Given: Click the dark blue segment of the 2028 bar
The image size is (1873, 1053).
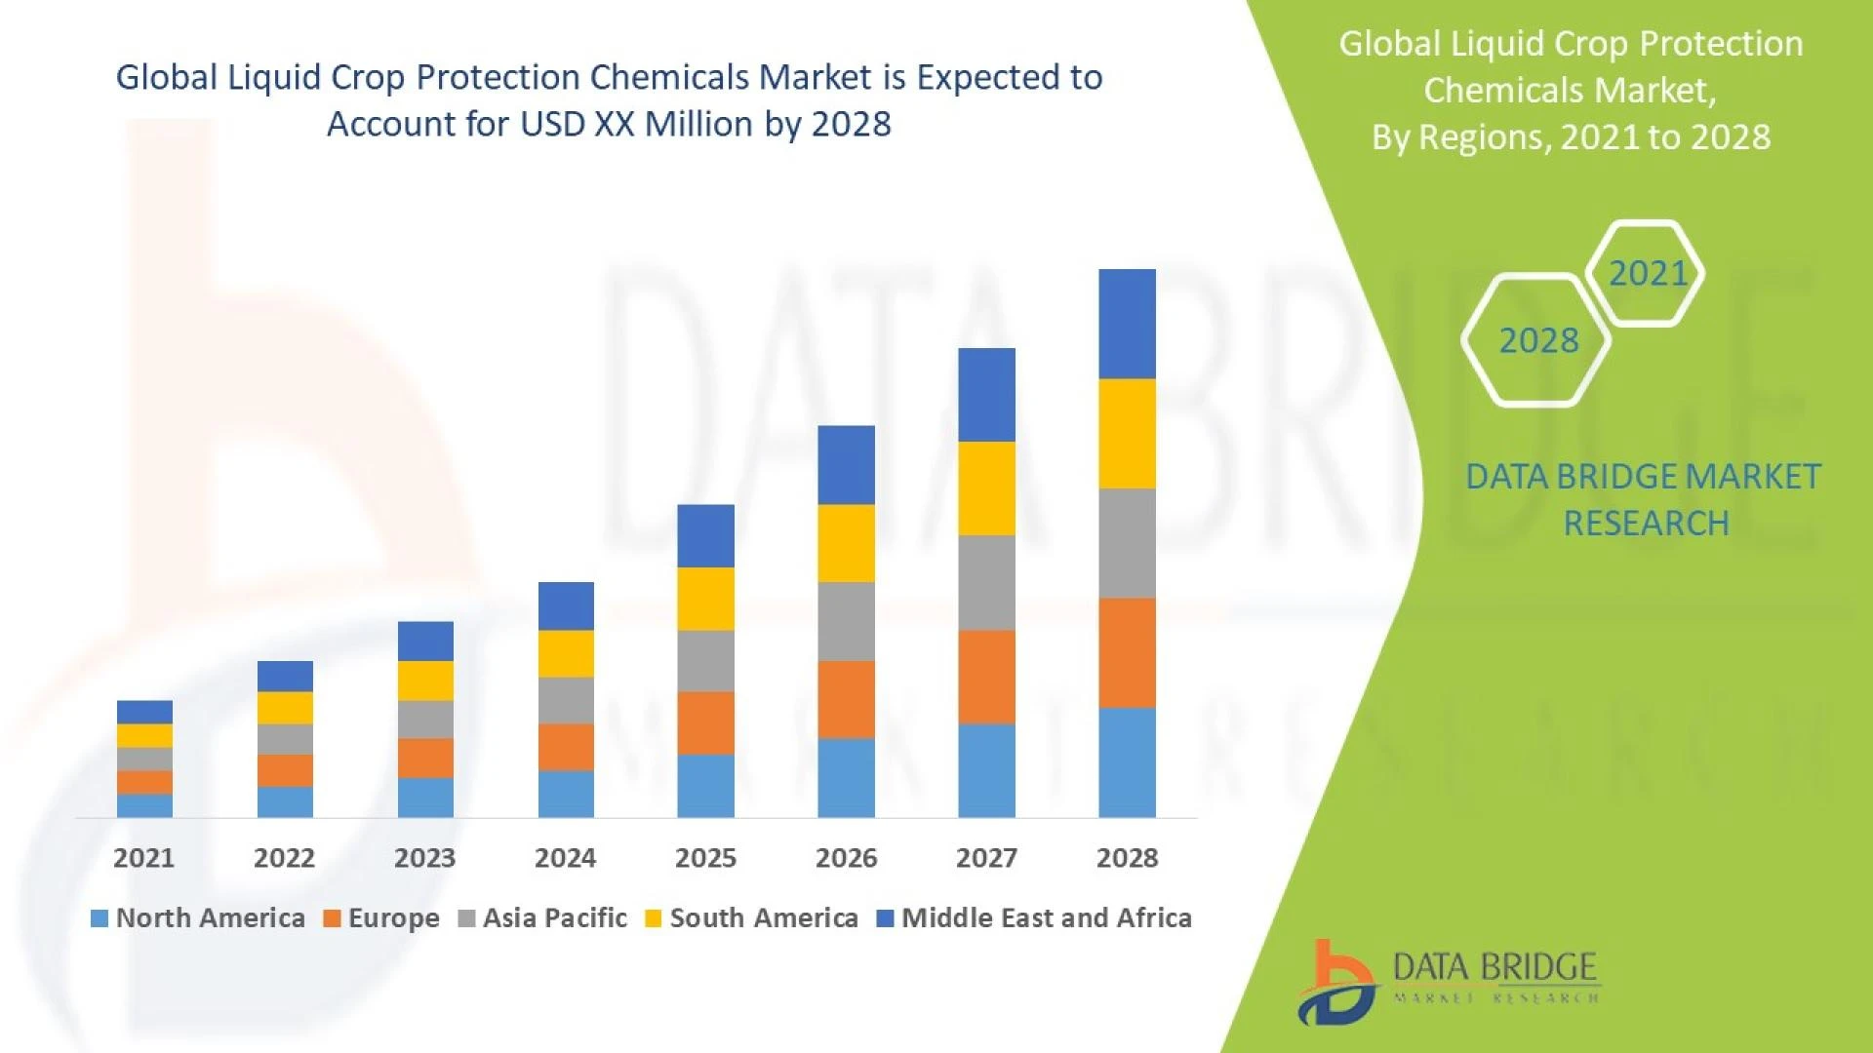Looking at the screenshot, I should pyautogui.click(x=1127, y=324).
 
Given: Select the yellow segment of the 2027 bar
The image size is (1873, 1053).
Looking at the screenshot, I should pyautogui.click(x=986, y=487).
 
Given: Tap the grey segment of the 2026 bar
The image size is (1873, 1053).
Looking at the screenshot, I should pyautogui.click(x=846, y=621).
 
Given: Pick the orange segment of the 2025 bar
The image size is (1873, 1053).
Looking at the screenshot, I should pyautogui.click(x=705, y=722).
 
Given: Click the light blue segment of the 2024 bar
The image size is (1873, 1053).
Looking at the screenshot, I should pyautogui.click(x=566, y=794).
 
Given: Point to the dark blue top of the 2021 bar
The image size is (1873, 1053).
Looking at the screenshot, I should pyautogui.click(x=144, y=712).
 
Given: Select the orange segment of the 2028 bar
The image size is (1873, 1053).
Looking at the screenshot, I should pyautogui.click(x=1127, y=652).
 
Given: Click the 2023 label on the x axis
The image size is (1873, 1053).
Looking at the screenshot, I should pyautogui.click(x=424, y=858).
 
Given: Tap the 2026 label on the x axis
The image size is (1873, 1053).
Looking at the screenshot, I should pyautogui.click(x=846, y=858).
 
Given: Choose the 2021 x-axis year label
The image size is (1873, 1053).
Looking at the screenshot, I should pyautogui.click(x=143, y=858).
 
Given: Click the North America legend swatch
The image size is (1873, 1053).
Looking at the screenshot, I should pyautogui.click(x=99, y=918).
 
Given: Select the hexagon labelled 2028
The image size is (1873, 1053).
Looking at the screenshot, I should pyautogui.click(x=1537, y=340).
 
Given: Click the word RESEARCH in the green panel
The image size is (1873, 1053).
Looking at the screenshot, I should pyautogui.click(x=1646, y=524).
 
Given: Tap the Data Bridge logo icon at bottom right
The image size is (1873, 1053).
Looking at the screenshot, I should pyautogui.click(x=1336, y=983).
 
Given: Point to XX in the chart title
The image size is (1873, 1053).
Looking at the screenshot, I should pyautogui.click(x=614, y=125).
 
